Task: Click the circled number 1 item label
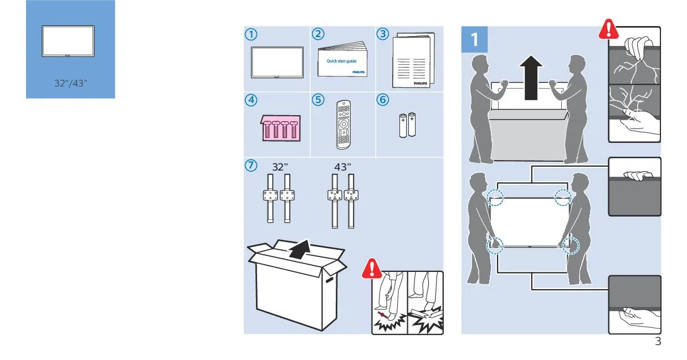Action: click(x=251, y=34)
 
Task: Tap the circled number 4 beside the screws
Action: click(x=251, y=100)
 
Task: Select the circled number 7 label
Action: click(x=251, y=166)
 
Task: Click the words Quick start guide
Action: click(x=341, y=61)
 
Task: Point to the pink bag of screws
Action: click(x=281, y=128)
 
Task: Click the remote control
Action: click(x=343, y=125)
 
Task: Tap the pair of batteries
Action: click(x=408, y=125)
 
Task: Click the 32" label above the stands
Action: click(x=280, y=167)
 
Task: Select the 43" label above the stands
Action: click(x=342, y=167)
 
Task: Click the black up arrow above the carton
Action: click(x=300, y=249)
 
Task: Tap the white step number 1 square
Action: click(x=474, y=39)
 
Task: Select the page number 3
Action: click(x=658, y=342)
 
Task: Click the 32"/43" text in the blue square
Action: click(x=70, y=83)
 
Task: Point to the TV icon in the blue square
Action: click(x=68, y=41)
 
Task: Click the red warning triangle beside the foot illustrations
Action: click(x=372, y=269)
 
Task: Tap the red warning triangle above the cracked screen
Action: click(x=609, y=29)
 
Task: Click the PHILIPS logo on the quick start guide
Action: click(x=358, y=72)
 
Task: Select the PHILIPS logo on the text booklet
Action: click(x=420, y=83)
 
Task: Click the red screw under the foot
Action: click(x=382, y=315)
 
